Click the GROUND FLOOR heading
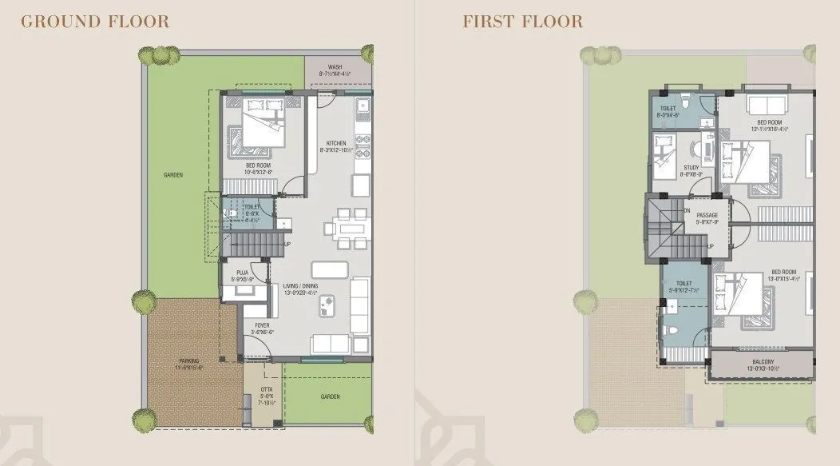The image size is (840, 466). click(x=95, y=22)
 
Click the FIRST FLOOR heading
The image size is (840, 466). click(x=522, y=22)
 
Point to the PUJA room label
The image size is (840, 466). click(x=242, y=273)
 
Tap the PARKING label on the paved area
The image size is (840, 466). click(x=190, y=361)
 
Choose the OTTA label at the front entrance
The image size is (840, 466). click(x=266, y=392)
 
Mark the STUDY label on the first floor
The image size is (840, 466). click(x=690, y=168)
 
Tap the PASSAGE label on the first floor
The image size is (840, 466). click(x=707, y=216)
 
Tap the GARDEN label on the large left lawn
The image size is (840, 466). click(x=173, y=175)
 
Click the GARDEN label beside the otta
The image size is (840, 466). click(x=330, y=396)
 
